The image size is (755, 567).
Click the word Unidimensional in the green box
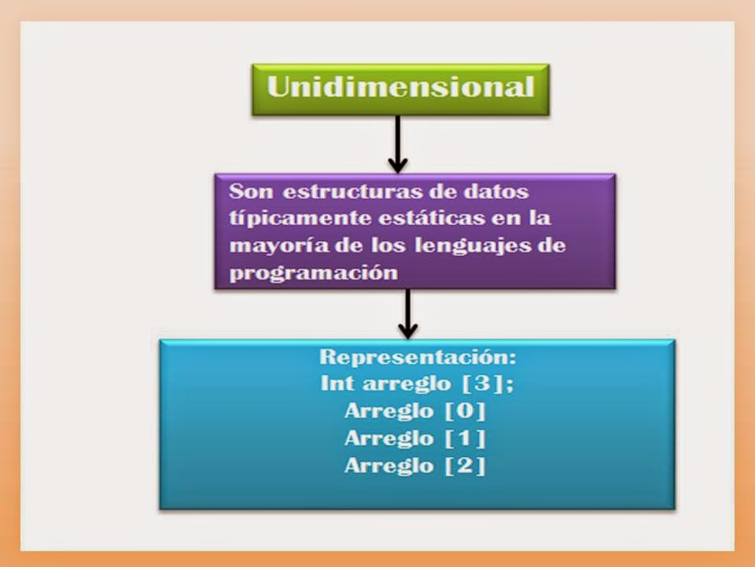400,87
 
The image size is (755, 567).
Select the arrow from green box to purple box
398,142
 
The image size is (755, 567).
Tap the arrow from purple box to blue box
407,311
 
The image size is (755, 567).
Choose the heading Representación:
417,357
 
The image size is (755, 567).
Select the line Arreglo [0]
415,411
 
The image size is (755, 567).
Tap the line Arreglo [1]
415,438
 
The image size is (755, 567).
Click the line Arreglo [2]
415,465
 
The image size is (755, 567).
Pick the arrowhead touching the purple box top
398,165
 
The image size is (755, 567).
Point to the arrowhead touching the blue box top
407,330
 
